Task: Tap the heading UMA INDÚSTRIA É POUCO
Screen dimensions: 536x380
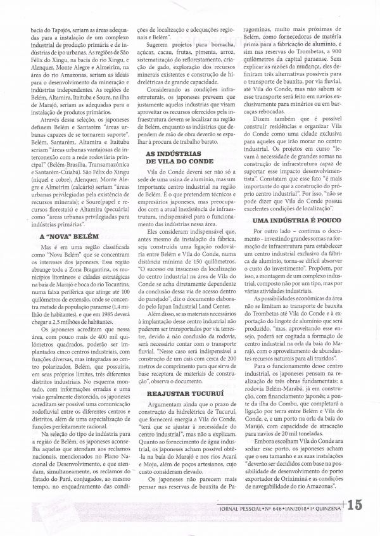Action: (292, 219)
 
